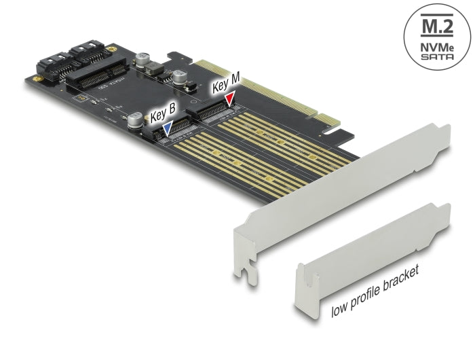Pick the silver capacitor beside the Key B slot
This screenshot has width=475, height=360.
click(x=134, y=122)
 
